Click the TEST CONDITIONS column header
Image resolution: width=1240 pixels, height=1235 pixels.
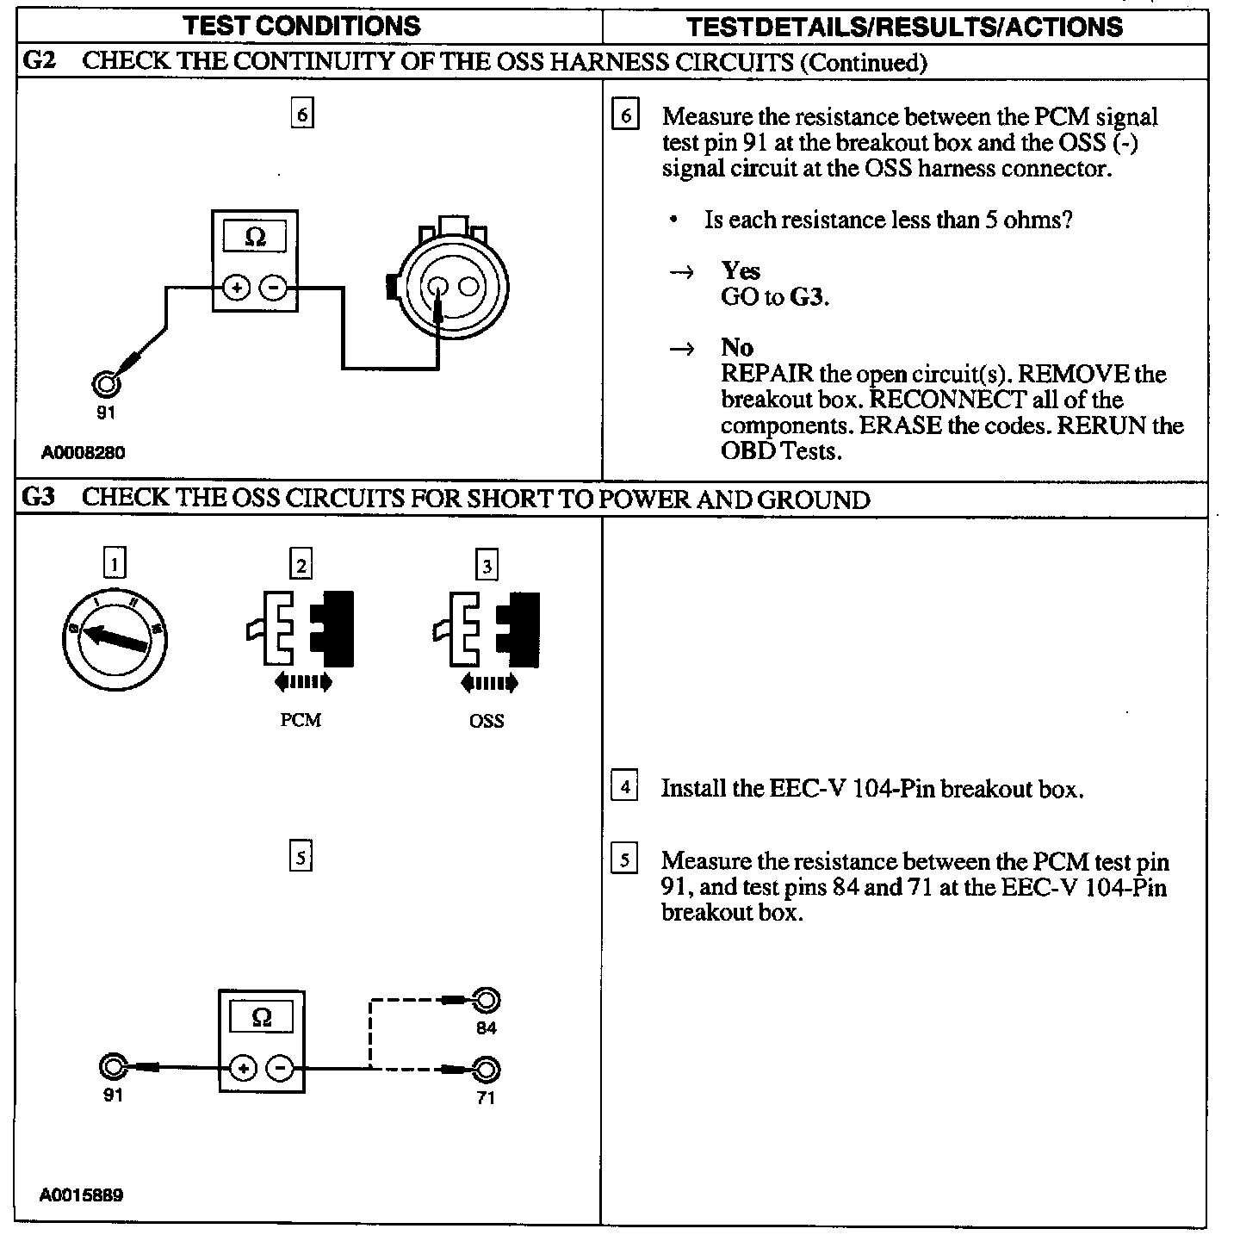click(x=302, y=25)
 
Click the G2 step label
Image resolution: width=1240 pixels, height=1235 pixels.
click(x=40, y=62)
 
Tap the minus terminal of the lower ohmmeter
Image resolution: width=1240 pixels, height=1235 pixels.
click(x=279, y=1069)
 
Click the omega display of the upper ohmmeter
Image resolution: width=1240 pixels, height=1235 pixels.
click(x=255, y=236)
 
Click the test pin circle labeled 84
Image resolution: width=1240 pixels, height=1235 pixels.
click(x=487, y=1001)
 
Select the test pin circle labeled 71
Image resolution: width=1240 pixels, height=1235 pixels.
click(x=487, y=1071)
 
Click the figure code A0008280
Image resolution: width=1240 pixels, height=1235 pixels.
click(x=83, y=452)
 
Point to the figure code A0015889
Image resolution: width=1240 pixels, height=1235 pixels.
click(x=81, y=1195)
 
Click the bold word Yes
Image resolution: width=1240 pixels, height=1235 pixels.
click(x=741, y=271)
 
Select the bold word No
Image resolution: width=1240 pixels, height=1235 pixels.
click(x=737, y=348)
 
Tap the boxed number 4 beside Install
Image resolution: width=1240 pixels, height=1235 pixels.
click(x=624, y=787)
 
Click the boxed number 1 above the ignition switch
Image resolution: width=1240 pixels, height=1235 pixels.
click(x=115, y=564)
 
